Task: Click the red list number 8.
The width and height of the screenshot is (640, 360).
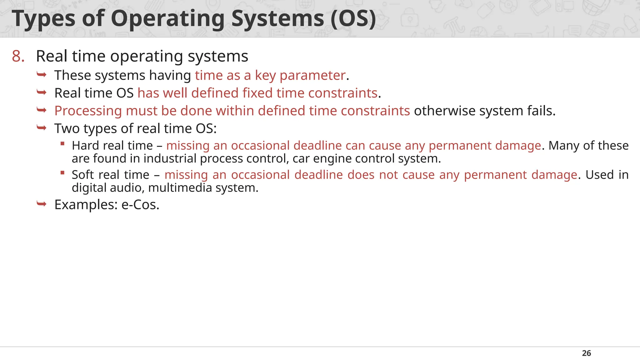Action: [18, 57]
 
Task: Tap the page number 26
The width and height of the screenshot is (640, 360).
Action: [586, 353]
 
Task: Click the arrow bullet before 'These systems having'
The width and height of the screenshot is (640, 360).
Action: [42, 75]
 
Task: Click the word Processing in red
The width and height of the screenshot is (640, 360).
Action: [88, 111]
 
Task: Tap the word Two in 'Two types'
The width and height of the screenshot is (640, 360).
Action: [67, 129]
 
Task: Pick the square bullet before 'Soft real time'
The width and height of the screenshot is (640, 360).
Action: [62, 173]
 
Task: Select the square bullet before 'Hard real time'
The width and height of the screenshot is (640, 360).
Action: [62, 144]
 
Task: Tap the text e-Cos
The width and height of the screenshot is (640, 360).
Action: [140, 205]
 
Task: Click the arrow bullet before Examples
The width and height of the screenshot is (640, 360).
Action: [42, 204]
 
